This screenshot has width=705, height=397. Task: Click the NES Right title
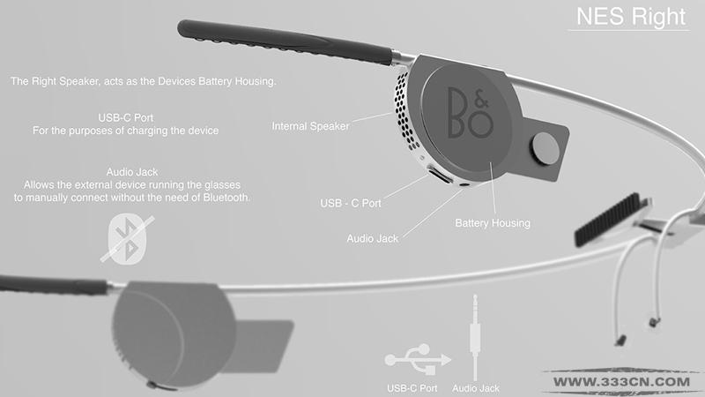[x=631, y=17]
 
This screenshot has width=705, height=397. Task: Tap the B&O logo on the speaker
[x=471, y=112]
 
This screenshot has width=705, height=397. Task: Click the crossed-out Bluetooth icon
[x=127, y=238]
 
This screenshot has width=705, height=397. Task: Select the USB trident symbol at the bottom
[x=418, y=360]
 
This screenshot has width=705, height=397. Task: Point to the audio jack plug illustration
[x=475, y=338]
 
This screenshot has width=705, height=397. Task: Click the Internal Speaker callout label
[x=310, y=126]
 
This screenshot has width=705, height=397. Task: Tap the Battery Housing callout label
[x=493, y=223]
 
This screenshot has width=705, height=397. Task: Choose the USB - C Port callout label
[x=351, y=204]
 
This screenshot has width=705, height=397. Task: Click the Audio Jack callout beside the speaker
[x=372, y=238]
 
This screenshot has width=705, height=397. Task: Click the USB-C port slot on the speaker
[x=441, y=175]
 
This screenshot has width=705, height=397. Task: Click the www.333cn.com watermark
[x=622, y=382]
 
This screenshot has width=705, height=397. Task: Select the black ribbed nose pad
[x=608, y=220]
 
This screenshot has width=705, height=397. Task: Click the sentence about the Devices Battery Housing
[x=143, y=81]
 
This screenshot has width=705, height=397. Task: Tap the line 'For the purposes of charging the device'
[x=125, y=131]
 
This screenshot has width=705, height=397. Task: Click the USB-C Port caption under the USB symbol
[x=412, y=388]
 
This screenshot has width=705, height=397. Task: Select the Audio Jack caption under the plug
[x=476, y=388]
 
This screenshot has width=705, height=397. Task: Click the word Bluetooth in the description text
[x=226, y=198]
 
